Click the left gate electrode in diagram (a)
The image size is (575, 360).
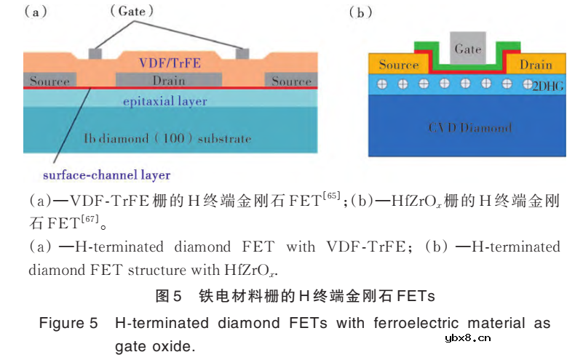(94, 53)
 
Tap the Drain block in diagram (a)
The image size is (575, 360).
(168, 80)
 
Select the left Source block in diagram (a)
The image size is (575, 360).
(49, 80)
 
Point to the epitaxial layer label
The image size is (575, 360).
(165, 101)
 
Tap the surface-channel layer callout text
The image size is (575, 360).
(107, 175)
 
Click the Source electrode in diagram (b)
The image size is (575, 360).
(398, 65)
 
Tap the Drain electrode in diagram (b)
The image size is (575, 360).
(536, 65)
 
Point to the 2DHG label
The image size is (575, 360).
(548, 86)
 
